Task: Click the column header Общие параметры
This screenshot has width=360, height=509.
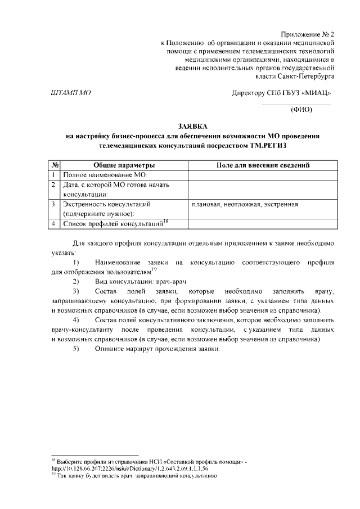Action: pos(124,165)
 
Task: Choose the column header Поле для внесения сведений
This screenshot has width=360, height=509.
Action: pos(263,165)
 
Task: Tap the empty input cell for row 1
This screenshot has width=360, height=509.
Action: pos(263,175)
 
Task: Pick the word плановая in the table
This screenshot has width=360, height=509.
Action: pos(206,204)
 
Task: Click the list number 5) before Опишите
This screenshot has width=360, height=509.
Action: pos(76,349)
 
